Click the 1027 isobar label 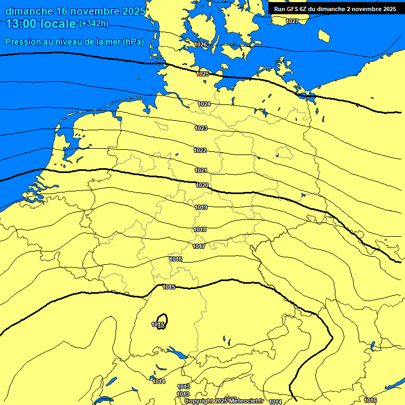[292, 21]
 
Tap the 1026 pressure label [200, 45]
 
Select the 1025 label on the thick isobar [203, 74]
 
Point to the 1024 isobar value [204, 104]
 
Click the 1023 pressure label [201, 129]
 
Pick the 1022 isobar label [200, 151]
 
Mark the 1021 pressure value [201, 171]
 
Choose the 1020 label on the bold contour [202, 186]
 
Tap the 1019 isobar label [201, 208]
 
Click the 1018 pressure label [200, 230]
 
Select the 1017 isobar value [199, 247]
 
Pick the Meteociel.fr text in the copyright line [246, 401]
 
